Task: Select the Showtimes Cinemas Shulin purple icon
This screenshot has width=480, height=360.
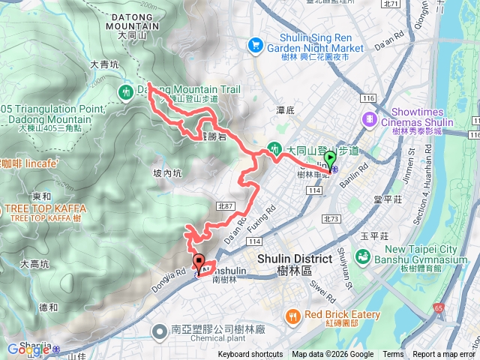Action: pyautogui.click(x=369, y=119)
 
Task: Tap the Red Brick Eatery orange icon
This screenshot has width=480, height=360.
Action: pyautogui.click(x=292, y=317)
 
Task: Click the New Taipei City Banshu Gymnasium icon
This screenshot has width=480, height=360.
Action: pyautogui.click(x=363, y=256)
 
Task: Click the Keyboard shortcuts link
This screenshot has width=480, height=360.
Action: pyautogui.click(x=250, y=355)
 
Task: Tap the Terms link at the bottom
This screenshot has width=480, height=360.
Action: pyautogui.click(x=393, y=355)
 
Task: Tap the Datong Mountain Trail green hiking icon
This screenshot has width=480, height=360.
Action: pyautogui.click(x=125, y=91)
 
